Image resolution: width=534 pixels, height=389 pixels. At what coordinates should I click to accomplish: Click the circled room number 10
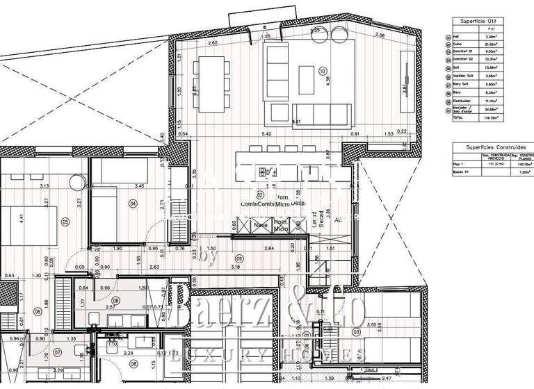tap(322, 71)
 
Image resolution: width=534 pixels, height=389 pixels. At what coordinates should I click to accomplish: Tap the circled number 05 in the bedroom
tap(65, 222)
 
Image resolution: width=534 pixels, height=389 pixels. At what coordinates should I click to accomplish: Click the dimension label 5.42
tap(266, 133)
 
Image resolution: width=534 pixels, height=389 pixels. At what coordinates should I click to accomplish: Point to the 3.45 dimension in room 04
tap(139, 186)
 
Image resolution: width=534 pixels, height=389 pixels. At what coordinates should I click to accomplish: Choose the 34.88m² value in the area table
tap(491, 108)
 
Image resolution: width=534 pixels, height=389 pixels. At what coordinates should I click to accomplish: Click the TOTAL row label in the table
tap(458, 119)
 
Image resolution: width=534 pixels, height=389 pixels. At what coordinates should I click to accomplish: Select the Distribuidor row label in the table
tap(463, 101)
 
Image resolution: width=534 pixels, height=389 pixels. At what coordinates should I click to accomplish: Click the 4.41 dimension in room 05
tap(22, 217)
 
